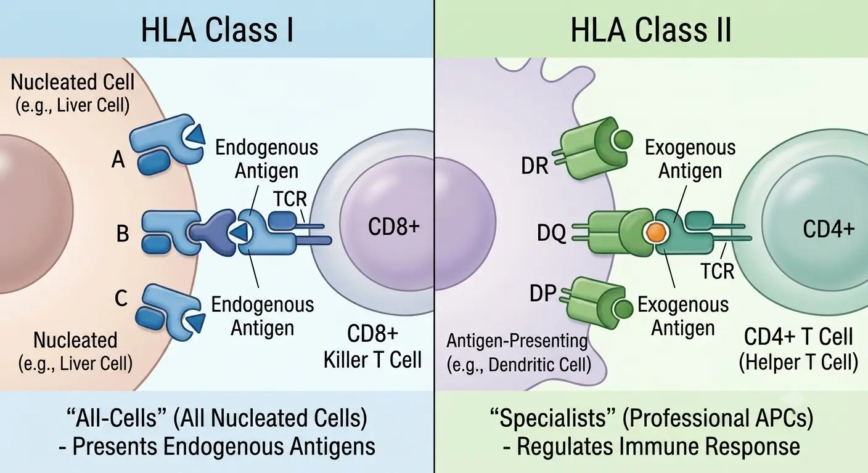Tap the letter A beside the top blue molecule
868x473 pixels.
coord(118,159)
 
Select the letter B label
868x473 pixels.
coord(123,233)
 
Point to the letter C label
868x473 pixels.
coord(121,298)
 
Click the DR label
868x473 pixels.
coord(534,166)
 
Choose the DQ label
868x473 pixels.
coord(551,233)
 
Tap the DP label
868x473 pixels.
coord(543,293)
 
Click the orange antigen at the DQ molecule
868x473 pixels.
coord(656,232)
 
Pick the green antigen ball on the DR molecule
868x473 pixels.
coord(623,139)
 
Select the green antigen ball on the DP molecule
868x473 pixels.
coord(623,309)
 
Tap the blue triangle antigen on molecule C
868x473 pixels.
coord(196,322)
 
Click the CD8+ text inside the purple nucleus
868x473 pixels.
coord(394,226)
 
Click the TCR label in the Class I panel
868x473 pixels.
coord(290,199)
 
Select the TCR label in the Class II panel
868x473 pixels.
coord(717,272)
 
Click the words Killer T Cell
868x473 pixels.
coord(372,360)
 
